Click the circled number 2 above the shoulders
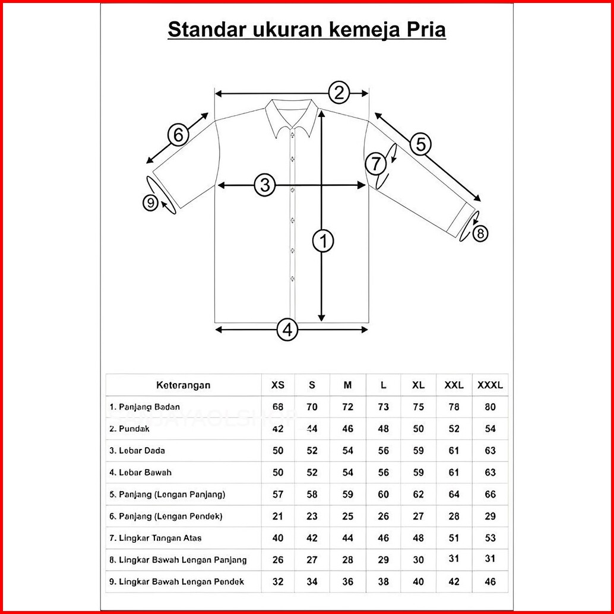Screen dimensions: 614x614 pos(338,93)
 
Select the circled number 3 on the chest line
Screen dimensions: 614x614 pos(265,185)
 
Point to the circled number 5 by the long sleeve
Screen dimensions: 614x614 pos(420,144)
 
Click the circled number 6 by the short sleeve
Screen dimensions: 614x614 pos(178,135)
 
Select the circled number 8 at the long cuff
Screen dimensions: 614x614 pos(480,233)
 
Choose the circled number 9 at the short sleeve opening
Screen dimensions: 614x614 pos(151,203)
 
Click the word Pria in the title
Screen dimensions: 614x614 pos(423,30)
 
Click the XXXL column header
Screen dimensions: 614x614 pos(490,385)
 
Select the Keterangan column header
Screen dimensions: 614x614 pos(183,385)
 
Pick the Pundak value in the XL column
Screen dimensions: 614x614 pos(419,429)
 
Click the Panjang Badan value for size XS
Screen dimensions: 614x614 pos(277,407)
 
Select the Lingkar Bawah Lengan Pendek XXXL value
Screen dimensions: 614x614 pos(490,581)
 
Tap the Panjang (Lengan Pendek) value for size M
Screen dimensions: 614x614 pos(348,516)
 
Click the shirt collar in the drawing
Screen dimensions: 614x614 pos(291,116)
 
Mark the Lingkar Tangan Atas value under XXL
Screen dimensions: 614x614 pos(454,538)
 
